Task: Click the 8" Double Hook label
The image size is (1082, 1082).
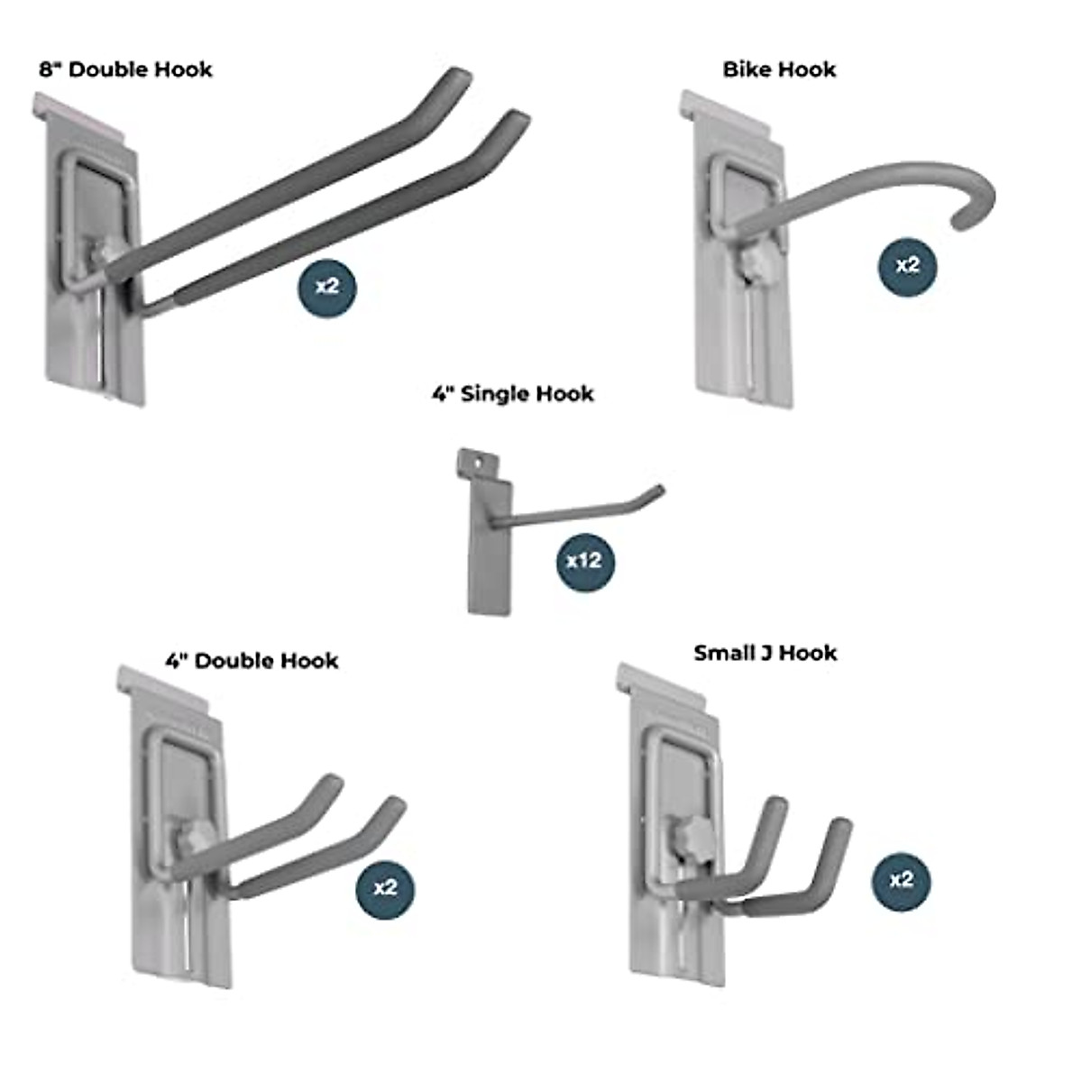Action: click(x=126, y=69)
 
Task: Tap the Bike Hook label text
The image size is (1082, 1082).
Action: click(x=779, y=69)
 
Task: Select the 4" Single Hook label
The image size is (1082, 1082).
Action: click(x=512, y=394)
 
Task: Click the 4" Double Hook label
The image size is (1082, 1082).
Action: click(x=252, y=661)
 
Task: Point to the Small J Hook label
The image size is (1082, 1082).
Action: click(x=766, y=653)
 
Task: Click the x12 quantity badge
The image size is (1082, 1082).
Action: click(x=584, y=561)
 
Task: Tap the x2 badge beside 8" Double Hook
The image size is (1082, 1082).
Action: click(x=327, y=287)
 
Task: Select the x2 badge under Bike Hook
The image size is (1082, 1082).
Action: click(x=907, y=265)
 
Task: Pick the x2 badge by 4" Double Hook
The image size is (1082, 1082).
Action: click(x=385, y=888)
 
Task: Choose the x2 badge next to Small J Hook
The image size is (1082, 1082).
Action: click(x=901, y=880)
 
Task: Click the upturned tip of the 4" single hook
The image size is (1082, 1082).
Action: click(x=658, y=491)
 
